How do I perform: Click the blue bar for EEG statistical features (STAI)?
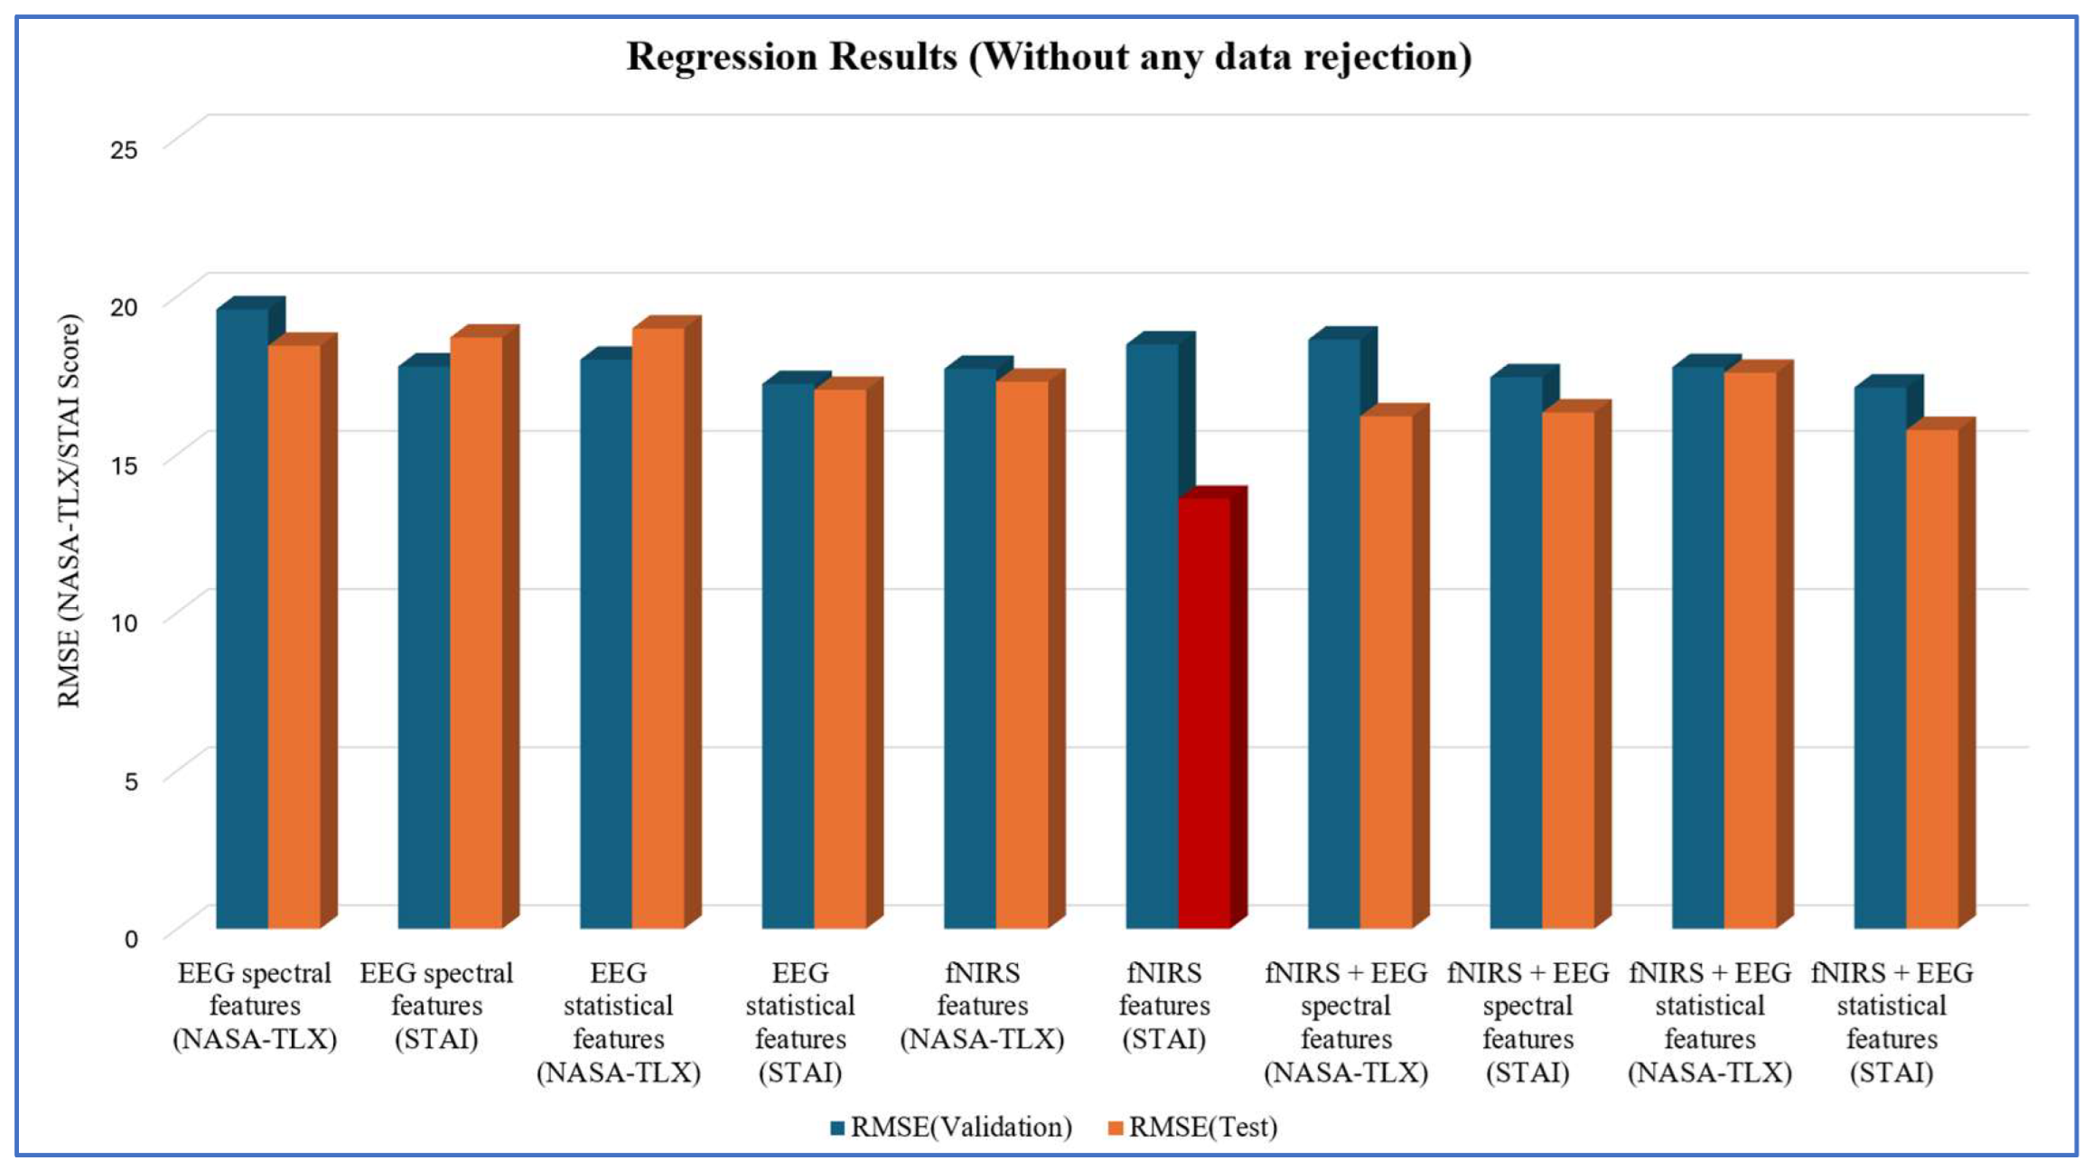pos(788,650)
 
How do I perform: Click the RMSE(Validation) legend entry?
pos(951,1127)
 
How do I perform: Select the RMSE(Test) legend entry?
pos(1192,1127)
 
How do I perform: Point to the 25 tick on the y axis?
pos(124,149)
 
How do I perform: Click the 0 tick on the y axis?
pos(131,939)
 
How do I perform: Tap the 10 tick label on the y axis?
pos(124,622)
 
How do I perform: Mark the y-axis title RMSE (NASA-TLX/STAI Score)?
pos(69,510)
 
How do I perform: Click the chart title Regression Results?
pos(1049,56)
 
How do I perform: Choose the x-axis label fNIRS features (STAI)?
pos(1164,1006)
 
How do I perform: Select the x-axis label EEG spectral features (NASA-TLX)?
pos(255,1006)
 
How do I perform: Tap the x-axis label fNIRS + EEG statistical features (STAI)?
pos(1892,1023)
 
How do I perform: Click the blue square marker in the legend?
pos(837,1128)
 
